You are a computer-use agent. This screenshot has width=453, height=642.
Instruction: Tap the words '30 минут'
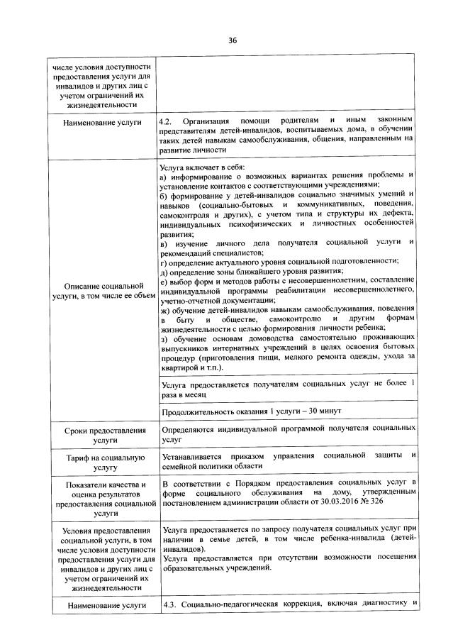point(325,411)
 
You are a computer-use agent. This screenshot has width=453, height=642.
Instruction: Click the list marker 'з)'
point(164,338)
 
